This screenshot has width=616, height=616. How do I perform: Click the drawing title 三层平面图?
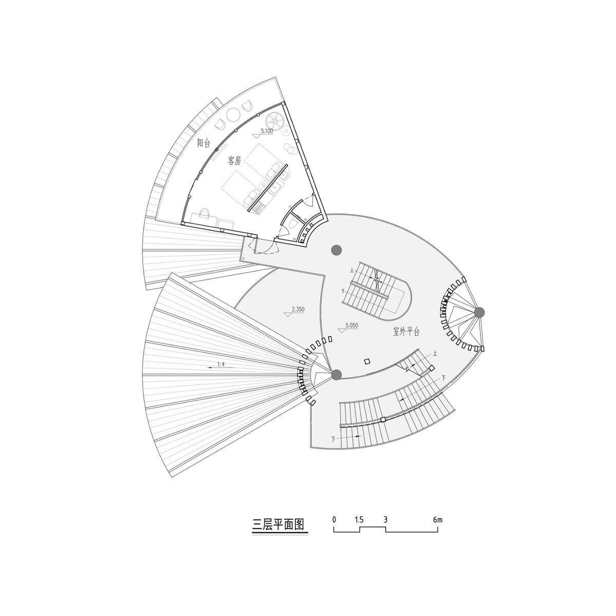pos(279,525)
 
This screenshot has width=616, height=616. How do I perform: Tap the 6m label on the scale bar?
pos(437,519)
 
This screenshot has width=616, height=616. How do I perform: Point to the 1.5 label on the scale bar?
pos(359,519)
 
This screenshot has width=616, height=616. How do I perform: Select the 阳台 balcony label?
pos(204,143)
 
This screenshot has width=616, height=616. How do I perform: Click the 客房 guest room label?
pos(234,161)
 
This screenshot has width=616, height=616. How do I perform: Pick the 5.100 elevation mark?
pos(266,131)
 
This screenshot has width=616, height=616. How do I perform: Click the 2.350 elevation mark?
pos(298,310)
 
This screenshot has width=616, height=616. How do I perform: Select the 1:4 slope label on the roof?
pos(221,364)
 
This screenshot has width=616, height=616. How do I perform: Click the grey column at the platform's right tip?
pos(479,312)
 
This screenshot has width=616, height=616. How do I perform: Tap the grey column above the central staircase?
pos(336,249)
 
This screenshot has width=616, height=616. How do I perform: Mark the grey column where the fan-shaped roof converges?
pos(336,375)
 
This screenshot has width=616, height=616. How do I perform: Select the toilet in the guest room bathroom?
pos(291,223)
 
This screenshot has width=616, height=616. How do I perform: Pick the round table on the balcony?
pos(235,114)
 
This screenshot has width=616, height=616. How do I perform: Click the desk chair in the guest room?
pos(204,212)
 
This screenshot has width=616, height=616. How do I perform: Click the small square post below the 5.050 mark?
pos(367,361)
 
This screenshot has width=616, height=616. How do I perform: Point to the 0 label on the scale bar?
pos(334,519)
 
